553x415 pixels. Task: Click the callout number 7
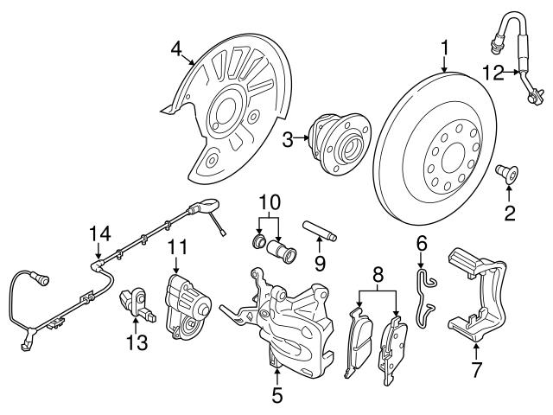tap(474, 371)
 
